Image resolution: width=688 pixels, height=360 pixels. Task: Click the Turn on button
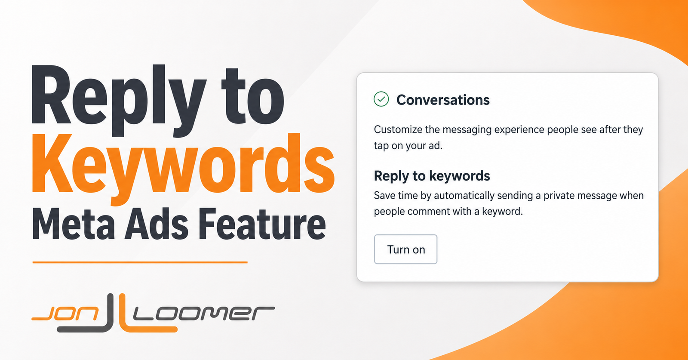[x=405, y=249]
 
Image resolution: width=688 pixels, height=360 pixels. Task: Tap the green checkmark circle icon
[x=381, y=99]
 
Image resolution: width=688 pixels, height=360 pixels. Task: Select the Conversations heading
[x=443, y=100]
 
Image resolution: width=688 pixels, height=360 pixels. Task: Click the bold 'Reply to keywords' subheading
[x=432, y=176]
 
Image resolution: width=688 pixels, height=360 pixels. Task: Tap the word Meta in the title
[x=73, y=224]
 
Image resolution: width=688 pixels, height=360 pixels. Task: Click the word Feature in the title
[x=262, y=224]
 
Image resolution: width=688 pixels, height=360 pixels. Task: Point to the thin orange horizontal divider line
[x=140, y=262]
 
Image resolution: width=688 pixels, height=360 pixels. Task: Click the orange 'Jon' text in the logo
[x=65, y=314]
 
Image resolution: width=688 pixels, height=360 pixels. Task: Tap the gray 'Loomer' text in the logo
[x=204, y=314]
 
